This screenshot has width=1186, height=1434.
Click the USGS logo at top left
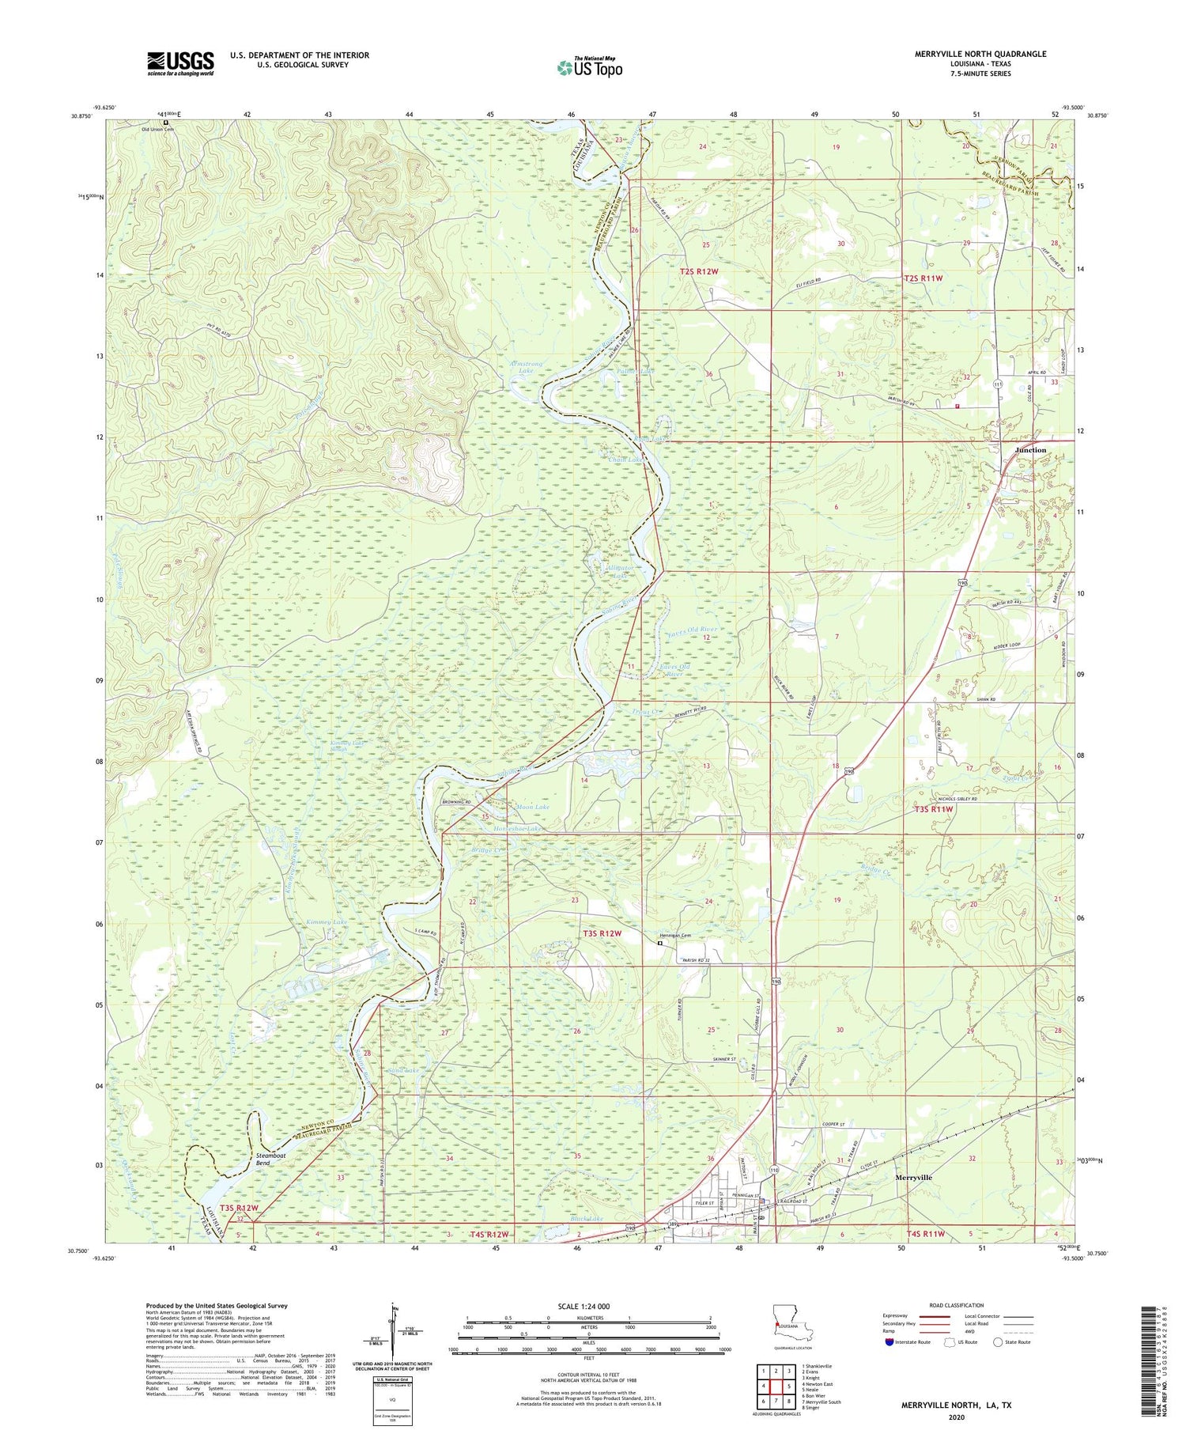pyautogui.click(x=180, y=62)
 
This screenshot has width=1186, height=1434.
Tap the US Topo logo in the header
pyautogui.click(x=589, y=67)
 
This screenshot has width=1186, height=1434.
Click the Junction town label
pyautogui.click(x=1030, y=450)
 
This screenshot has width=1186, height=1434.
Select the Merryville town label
pyautogui.click(x=913, y=1178)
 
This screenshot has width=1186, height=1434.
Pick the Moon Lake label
pyautogui.click(x=532, y=808)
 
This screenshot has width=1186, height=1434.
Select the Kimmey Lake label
pyautogui.click(x=327, y=923)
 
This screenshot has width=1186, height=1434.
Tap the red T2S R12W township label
pyautogui.click(x=700, y=271)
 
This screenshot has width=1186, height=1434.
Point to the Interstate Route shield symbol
pyautogui.click(x=889, y=1342)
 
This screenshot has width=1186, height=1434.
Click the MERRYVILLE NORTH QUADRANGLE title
pyautogui.click(x=980, y=54)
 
